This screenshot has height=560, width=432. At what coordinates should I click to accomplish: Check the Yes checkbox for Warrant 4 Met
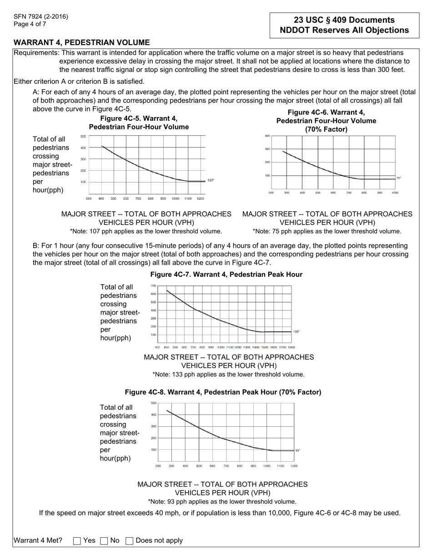77,541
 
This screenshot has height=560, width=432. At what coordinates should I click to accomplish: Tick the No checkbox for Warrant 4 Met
104,541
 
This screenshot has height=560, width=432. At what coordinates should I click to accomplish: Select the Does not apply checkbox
130,541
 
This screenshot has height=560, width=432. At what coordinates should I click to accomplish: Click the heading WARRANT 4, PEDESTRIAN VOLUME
81,42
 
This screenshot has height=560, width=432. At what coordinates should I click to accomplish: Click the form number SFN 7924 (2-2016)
40,17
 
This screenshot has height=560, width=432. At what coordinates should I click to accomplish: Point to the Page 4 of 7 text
30,24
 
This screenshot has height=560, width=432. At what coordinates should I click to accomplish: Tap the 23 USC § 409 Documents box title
344,20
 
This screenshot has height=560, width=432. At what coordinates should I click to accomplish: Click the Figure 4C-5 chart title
139,122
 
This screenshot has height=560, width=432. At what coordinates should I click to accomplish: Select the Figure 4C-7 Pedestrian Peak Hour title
226,275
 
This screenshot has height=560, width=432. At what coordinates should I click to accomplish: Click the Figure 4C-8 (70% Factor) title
223,392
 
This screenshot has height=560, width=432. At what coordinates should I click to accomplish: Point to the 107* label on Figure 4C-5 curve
211,181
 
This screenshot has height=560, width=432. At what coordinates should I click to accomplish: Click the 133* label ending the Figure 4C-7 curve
296,332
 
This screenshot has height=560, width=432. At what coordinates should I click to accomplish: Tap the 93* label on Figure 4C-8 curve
298,450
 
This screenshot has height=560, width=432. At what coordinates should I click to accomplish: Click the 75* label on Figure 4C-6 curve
398,178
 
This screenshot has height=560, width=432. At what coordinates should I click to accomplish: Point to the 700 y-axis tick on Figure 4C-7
153,286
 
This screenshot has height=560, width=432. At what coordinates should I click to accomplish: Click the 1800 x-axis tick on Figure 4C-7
291,347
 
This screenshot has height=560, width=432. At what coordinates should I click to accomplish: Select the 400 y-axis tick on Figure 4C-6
267,136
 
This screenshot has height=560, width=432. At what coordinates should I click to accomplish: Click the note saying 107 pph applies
146,231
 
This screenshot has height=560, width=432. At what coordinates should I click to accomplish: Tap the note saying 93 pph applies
222,502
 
